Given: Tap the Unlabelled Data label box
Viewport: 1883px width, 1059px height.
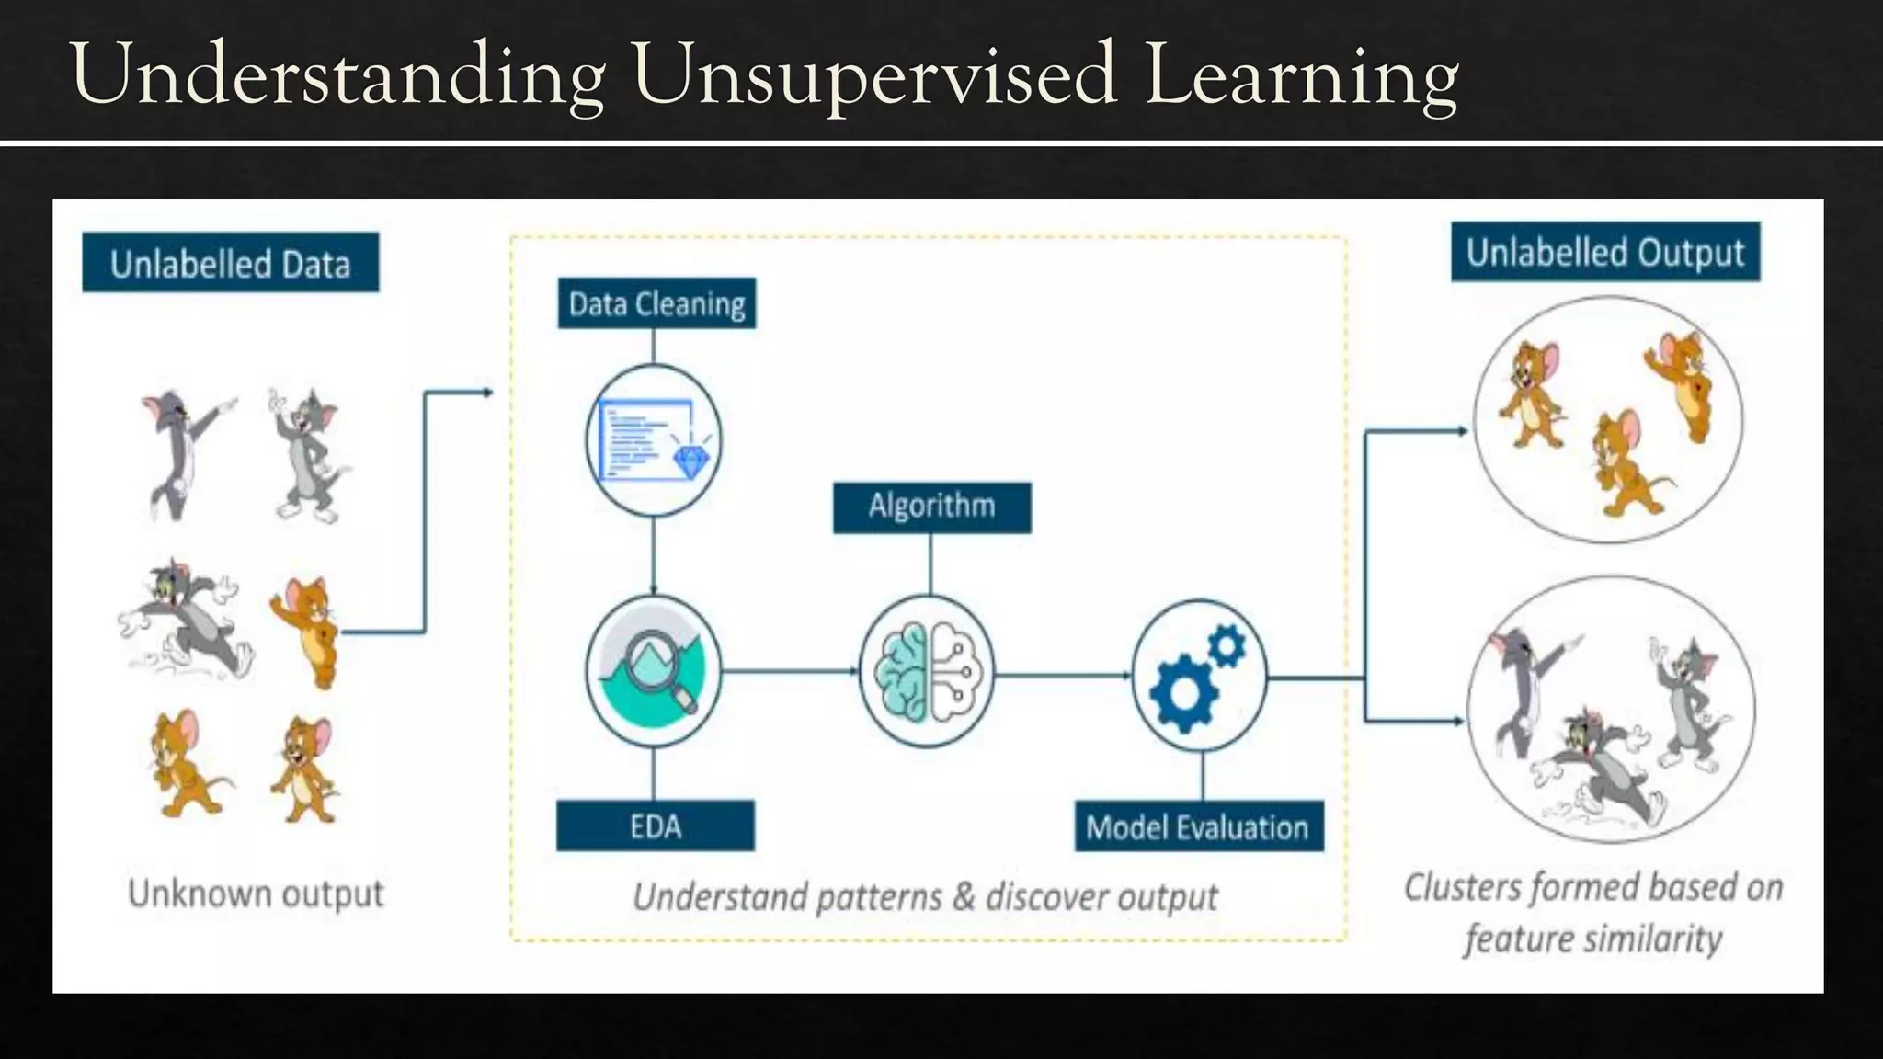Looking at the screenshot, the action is tap(230, 264).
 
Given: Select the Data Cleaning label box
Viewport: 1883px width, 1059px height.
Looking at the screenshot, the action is tap(656, 303).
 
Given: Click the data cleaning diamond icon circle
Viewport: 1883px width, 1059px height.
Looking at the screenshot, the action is tap(654, 439).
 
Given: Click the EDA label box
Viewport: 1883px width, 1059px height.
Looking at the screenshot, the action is tap(656, 826).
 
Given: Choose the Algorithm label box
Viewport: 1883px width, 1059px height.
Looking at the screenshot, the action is tap(931, 507).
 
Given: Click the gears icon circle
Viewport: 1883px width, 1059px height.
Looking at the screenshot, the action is tap(1199, 677).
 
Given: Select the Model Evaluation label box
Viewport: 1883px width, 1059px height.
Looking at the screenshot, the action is tap(1198, 827).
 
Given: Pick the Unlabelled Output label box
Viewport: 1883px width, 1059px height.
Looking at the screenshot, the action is tap(1604, 253).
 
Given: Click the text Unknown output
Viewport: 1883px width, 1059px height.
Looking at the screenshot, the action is tap(256, 894).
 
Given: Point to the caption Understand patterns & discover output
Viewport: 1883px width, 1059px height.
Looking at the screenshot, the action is tap(925, 897).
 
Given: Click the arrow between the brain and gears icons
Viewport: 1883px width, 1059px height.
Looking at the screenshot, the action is tap(1063, 675).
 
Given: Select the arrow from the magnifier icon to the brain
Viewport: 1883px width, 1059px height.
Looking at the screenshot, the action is tap(789, 671).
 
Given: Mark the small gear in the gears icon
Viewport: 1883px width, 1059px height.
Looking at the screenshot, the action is tap(1227, 645).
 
